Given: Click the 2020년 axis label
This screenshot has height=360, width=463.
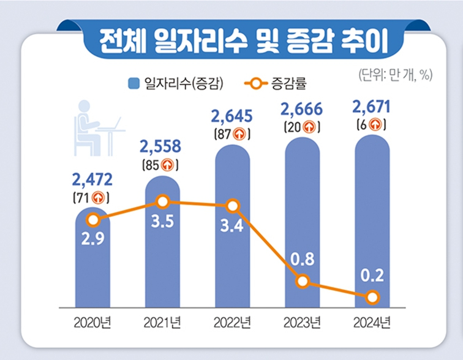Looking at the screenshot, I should click(92, 321).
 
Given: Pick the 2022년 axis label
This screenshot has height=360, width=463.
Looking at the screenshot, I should click(232, 321).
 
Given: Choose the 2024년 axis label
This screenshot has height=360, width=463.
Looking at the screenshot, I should click(372, 321).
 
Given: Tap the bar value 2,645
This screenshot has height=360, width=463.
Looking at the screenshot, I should click(233, 114).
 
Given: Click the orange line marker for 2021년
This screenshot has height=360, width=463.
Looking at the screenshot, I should click(162, 201).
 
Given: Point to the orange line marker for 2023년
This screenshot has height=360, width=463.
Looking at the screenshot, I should click(302, 282).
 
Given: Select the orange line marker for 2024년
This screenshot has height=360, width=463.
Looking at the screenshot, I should click(372, 298).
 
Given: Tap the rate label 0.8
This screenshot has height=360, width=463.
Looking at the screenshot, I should click(302, 258).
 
